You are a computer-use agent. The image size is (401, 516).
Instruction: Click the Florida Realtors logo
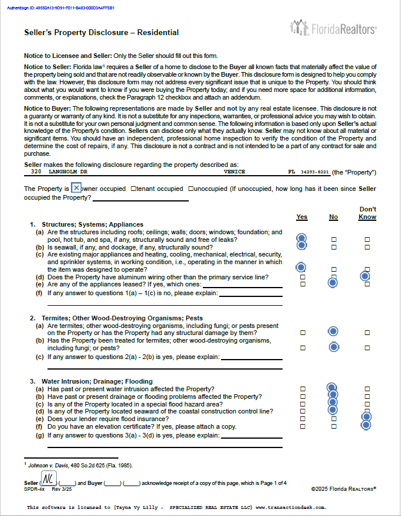click(334, 28)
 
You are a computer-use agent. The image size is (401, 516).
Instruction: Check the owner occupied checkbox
click(76, 188)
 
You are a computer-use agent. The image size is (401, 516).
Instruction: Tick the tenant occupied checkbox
click(134, 189)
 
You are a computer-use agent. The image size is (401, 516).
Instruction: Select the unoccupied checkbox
click(191, 189)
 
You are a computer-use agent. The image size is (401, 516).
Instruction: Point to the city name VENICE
click(234, 172)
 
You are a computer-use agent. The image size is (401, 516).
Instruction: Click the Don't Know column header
click(368, 213)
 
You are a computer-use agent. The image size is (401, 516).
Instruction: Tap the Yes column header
click(302, 217)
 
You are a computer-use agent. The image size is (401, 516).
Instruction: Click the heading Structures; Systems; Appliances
click(92, 224)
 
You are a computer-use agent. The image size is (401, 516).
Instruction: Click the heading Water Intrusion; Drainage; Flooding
click(97, 381)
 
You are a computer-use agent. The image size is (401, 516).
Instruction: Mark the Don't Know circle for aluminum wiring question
click(366, 276)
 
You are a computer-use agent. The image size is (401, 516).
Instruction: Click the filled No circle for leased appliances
click(333, 283)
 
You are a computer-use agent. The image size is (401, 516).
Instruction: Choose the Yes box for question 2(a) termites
click(303, 332)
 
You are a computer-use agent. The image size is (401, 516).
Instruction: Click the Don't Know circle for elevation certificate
click(366, 426)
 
